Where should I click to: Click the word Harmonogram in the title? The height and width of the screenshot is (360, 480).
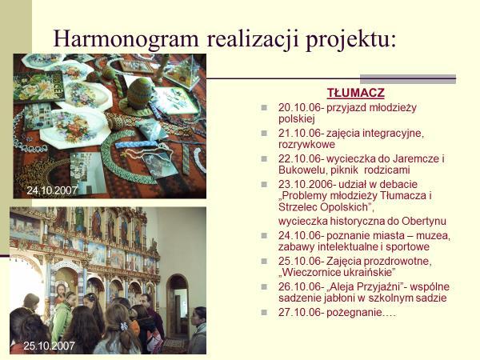pyautogui.click(x=126, y=39)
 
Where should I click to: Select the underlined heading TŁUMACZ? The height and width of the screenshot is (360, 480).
pyautogui.click(x=356, y=93)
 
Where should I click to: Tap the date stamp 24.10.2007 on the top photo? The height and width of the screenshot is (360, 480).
pyautogui.click(x=52, y=190)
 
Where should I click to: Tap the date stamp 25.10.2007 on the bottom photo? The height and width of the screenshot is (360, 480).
pyautogui.click(x=49, y=346)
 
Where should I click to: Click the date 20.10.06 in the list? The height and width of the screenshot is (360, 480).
pyautogui.click(x=299, y=107)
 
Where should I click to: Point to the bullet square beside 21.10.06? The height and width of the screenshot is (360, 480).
pyautogui.click(x=264, y=133)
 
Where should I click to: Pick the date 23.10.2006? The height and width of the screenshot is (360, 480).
pyautogui.click(x=306, y=185)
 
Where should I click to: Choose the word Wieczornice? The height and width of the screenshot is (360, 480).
pyautogui.click(x=310, y=272)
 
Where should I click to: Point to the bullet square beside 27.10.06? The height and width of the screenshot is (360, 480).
pyautogui.click(x=264, y=313)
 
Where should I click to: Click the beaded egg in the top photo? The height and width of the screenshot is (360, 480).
pyautogui.click(x=139, y=94)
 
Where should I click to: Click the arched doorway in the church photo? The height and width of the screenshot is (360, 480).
pyautogui.click(x=177, y=306)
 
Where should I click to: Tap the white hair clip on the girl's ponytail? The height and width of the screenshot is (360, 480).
pyautogui.click(x=124, y=326)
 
